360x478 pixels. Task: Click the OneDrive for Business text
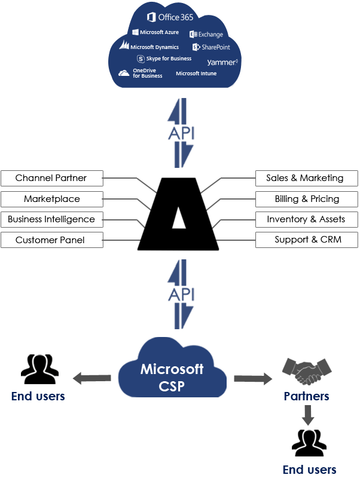point(147,73)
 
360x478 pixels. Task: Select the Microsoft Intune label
point(196,73)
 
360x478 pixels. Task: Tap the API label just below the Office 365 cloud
point(180,133)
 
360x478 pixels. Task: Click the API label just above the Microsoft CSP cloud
point(180,295)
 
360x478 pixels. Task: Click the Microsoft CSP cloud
point(172,376)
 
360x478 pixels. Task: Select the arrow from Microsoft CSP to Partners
point(252,378)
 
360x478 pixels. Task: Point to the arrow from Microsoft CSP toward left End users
point(92,378)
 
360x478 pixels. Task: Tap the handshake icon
point(307,371)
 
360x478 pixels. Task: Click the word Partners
point(306,396)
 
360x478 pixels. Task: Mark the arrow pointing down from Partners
point(307,415)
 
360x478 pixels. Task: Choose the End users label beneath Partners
point(309,469)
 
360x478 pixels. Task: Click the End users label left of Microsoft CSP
point(38,396)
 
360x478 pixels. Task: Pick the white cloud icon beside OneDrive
point(124,73)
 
